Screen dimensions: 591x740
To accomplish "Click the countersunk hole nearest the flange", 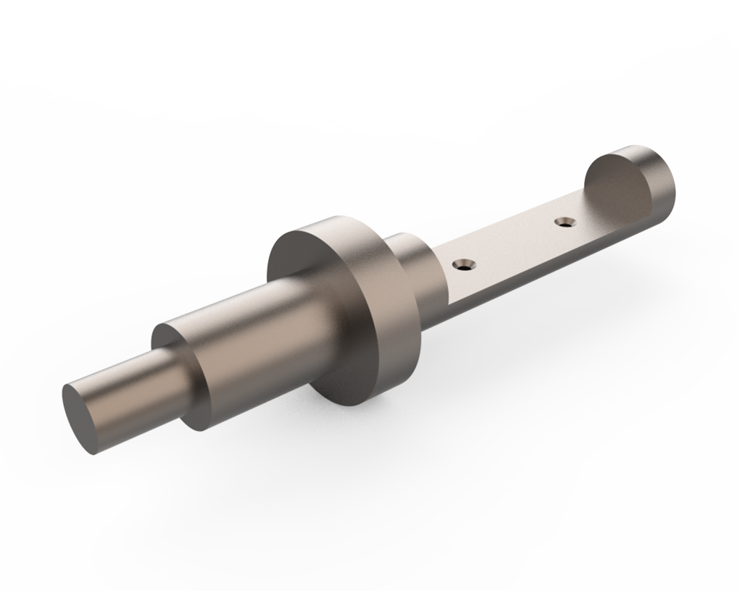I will [x=464, y=265].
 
